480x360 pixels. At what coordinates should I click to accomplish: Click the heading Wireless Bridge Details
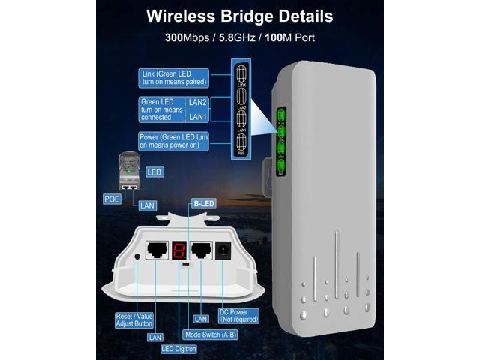coord(239,14)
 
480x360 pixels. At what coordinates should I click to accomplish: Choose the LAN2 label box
coord(198,102)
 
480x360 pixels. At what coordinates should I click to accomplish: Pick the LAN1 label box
coord(198,117)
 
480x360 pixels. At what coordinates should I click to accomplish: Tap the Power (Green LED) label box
coord(172,142)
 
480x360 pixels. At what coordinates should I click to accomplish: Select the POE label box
coord(112,199)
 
